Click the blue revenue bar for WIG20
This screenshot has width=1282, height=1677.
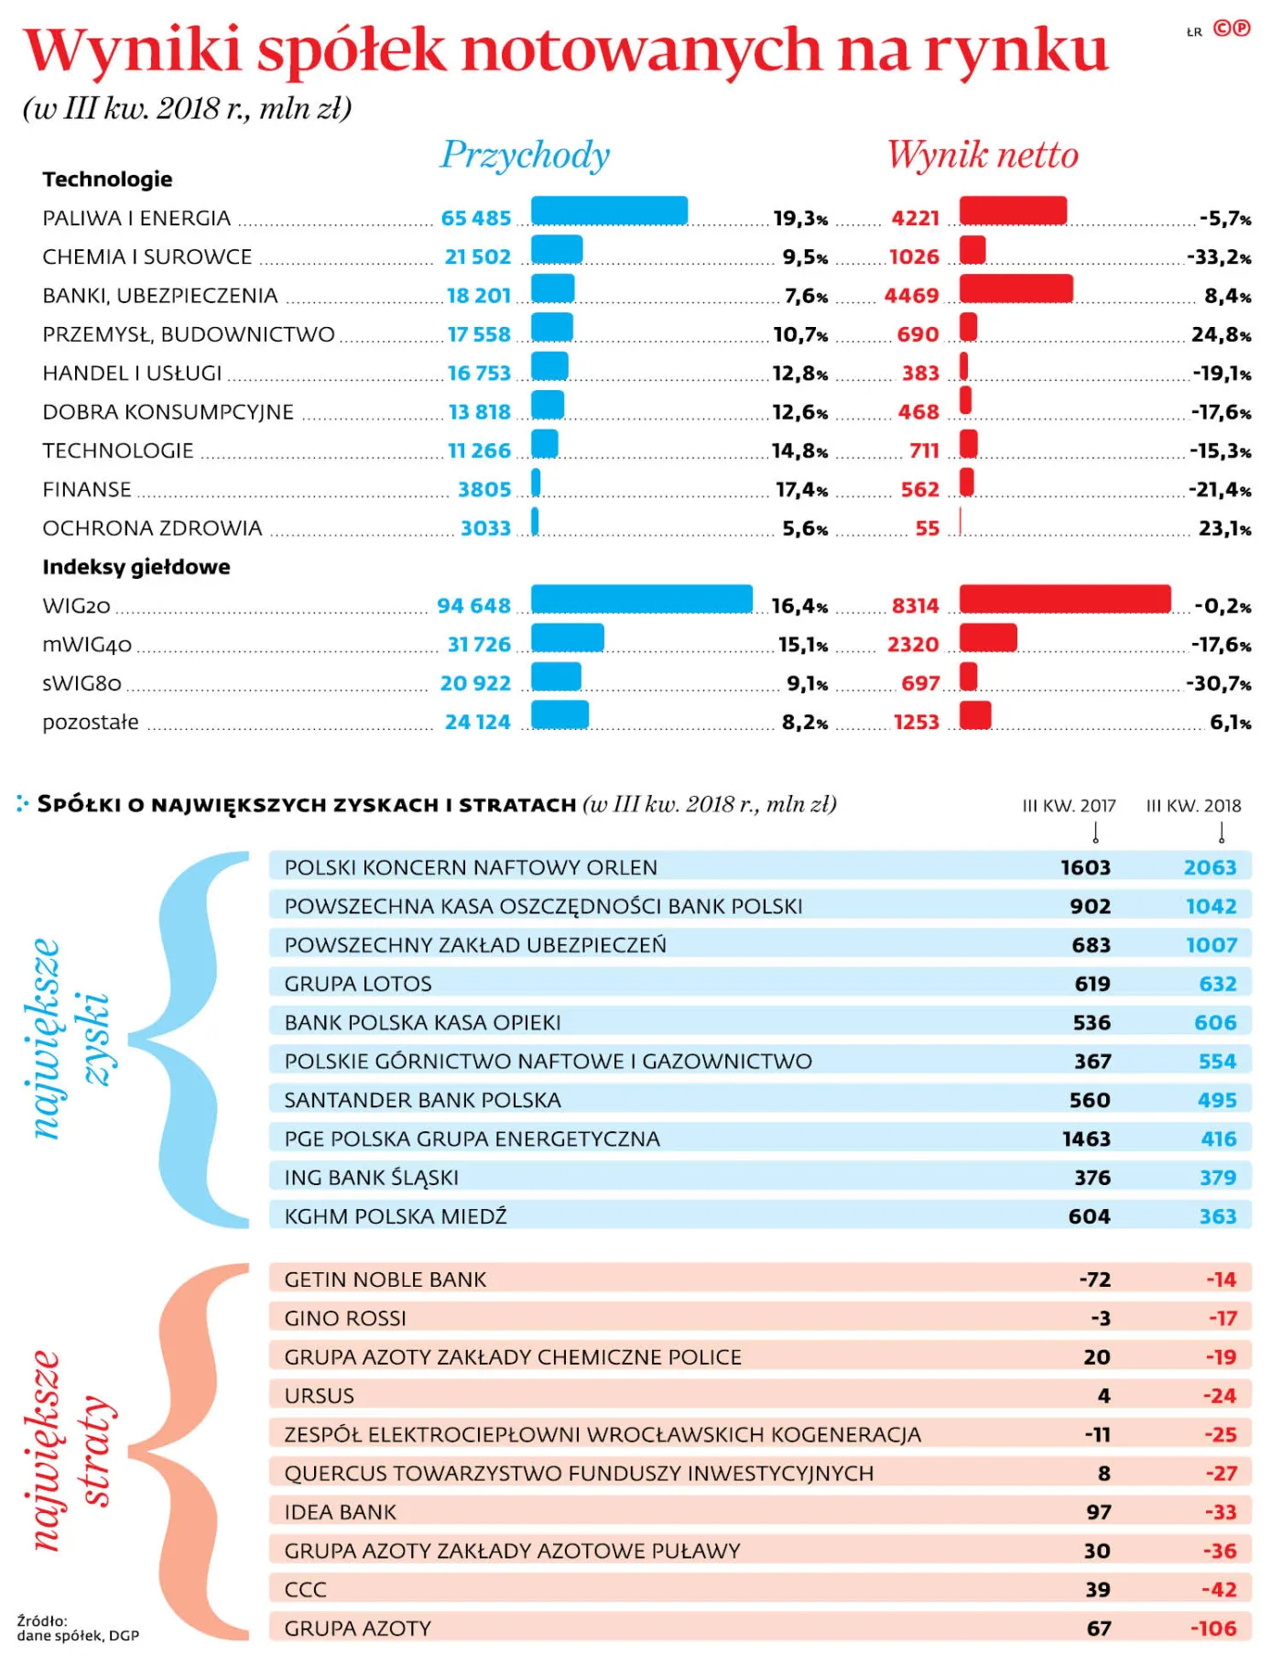(x=642, y=599)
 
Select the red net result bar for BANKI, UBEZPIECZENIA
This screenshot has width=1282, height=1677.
(x=1016, y=289)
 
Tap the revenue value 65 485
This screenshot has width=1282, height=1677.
(x=476, y=218)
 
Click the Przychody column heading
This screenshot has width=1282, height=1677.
(x=526, y=155)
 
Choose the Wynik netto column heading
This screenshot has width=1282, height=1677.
(x=983, y=155)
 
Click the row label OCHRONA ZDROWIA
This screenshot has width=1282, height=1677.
(x=152, y=528)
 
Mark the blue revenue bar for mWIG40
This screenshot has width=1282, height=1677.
(x=568, y=637)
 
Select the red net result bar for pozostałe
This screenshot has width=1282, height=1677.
(x=975, y=715)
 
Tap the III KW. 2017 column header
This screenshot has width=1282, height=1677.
(x=1069, y=806)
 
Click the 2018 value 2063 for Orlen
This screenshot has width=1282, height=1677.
(x=1210, y=867)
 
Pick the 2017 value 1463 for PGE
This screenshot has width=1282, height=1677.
(x=1086, y=1139)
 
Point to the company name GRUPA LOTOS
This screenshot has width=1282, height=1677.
(x=358, y=984)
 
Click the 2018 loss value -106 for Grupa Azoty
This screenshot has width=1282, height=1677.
(x=1213, y=1628)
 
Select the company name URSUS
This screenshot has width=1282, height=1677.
(x=319, y=1396)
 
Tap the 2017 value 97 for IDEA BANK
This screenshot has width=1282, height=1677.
(x=1099, y=1512)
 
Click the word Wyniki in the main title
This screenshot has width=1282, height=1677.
(x=133, y=51)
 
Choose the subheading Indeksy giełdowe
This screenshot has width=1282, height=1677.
(x=136, y=567)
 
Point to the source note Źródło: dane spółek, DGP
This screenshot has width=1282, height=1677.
(x=78, y=1628)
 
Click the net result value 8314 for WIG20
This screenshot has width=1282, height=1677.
(x=916, y=606)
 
